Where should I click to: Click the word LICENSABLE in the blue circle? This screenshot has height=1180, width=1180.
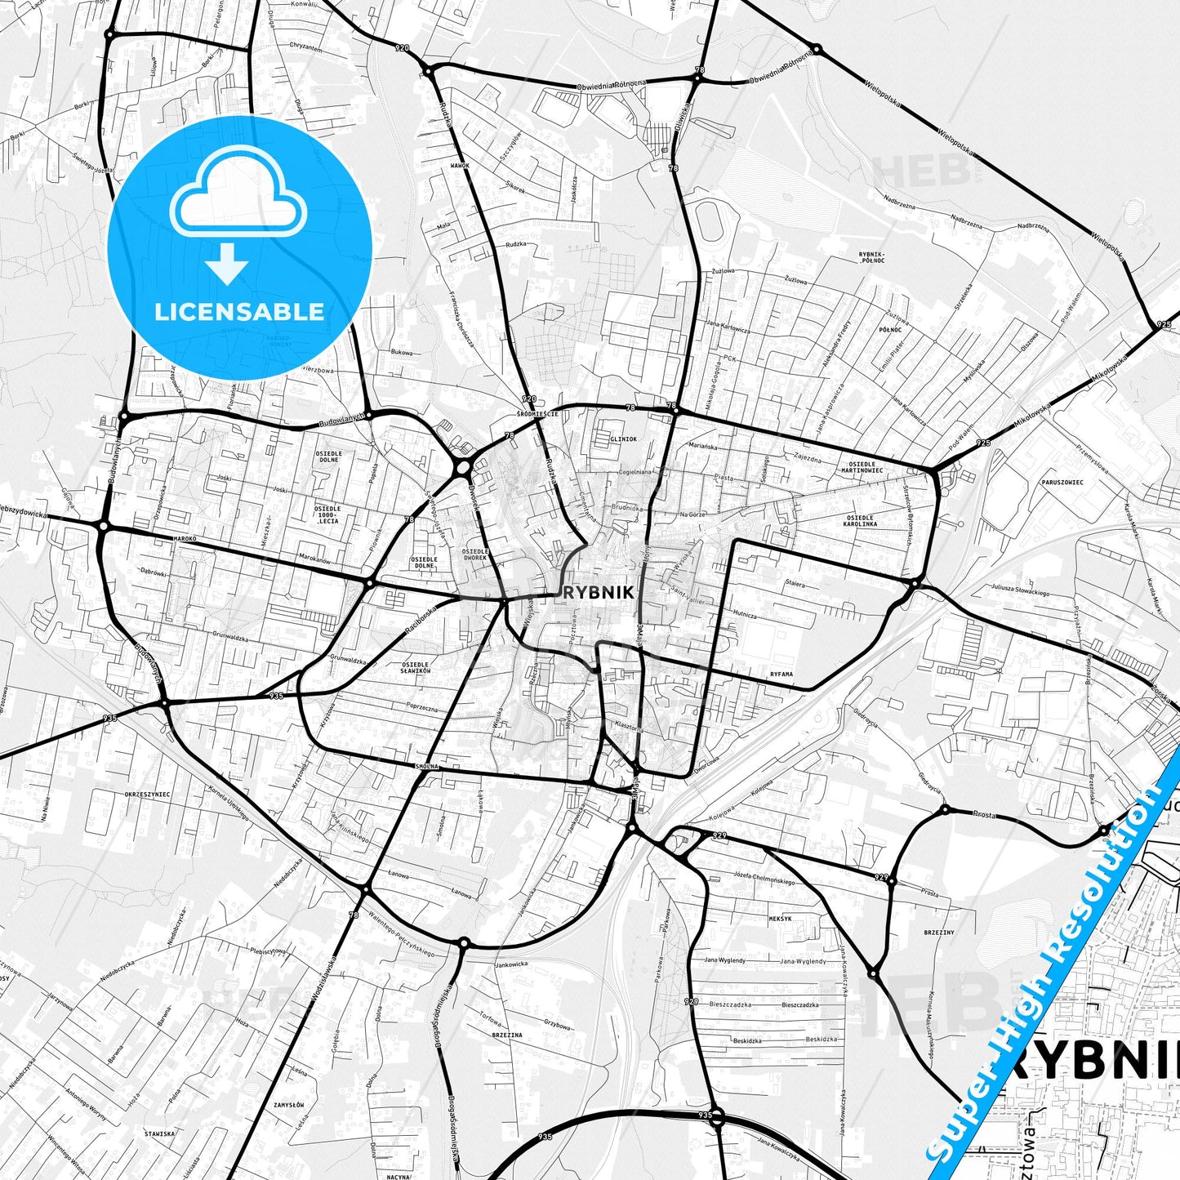[x=239, y=312]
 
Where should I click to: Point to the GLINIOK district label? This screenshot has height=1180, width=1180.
[x=622, y=439]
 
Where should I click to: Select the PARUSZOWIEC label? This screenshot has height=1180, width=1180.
[x=1062, y=483]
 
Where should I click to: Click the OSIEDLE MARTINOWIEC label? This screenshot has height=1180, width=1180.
[x=861, y=466]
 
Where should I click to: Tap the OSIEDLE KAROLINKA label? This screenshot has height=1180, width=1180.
[x=862, y=521]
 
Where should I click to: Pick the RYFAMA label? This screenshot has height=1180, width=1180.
[x=781, y=675]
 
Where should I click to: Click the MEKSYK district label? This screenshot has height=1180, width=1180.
[x=780, y=919]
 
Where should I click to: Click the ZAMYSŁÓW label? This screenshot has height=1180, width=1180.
[x=289, y=1104]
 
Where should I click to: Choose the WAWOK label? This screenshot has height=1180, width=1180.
[x=460, y=166]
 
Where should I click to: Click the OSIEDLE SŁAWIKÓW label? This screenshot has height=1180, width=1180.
[x=416, y=668]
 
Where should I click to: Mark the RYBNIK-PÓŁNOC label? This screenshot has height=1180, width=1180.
[x=872, y=257]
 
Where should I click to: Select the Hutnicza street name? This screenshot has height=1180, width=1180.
[x=744, y=615]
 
